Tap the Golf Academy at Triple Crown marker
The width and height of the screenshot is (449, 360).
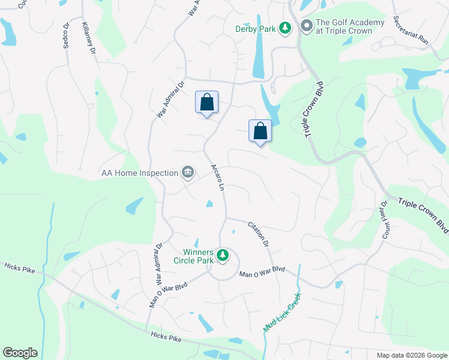(x=306, y=26)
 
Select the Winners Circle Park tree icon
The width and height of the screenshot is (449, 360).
(x=223, y=256)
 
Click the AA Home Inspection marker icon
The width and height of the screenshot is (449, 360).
(x=188, y=173)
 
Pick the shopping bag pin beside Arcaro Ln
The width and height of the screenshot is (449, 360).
(x=206, y=103)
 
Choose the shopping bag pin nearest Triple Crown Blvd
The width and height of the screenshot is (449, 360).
(x=260, y=131)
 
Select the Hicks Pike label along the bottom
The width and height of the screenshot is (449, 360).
(x=166, y=338)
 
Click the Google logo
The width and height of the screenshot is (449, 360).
(x=20, y=353)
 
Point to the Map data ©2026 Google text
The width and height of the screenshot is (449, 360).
(x=411, y=355)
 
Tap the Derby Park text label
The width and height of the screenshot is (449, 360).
(x=255, y=28)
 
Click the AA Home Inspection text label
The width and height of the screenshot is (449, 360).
(x=140, y=173)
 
